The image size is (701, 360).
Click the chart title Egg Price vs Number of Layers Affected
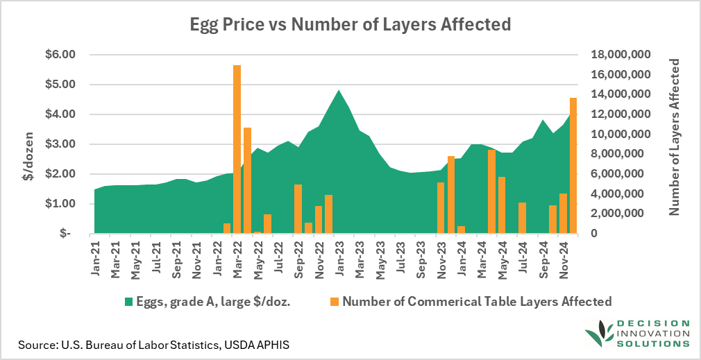(x=350, y=25)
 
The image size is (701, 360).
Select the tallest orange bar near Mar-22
(x=237, y=149)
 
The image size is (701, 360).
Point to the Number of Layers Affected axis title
(x=674, y=137)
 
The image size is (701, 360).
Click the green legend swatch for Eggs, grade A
(x=128, y=302)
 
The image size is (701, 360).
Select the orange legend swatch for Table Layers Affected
(x=335, y=302)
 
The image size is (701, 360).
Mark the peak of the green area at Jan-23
(x=338, y=91)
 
